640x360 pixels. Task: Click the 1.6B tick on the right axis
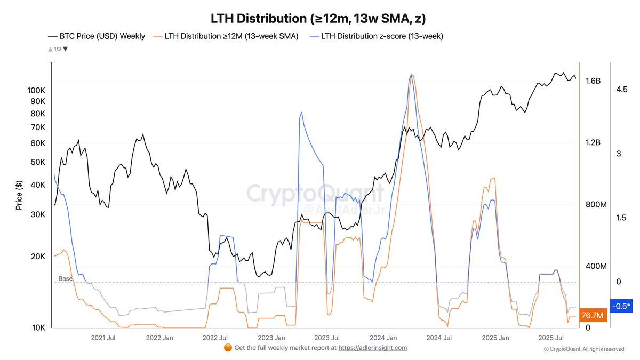tap(593, 81)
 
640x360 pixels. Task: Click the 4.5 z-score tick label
tap(621, 90)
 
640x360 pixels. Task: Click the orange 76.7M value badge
tap(593, 316)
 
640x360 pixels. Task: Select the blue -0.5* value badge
tap(621, 306)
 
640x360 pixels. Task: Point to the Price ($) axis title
tap(19, 195)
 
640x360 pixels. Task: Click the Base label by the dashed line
tap(65, 278)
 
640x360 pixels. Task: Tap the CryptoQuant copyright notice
tap(584, 349)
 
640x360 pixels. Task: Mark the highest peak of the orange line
tap(413, 75)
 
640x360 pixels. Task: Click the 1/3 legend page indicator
tap(57, 49)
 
